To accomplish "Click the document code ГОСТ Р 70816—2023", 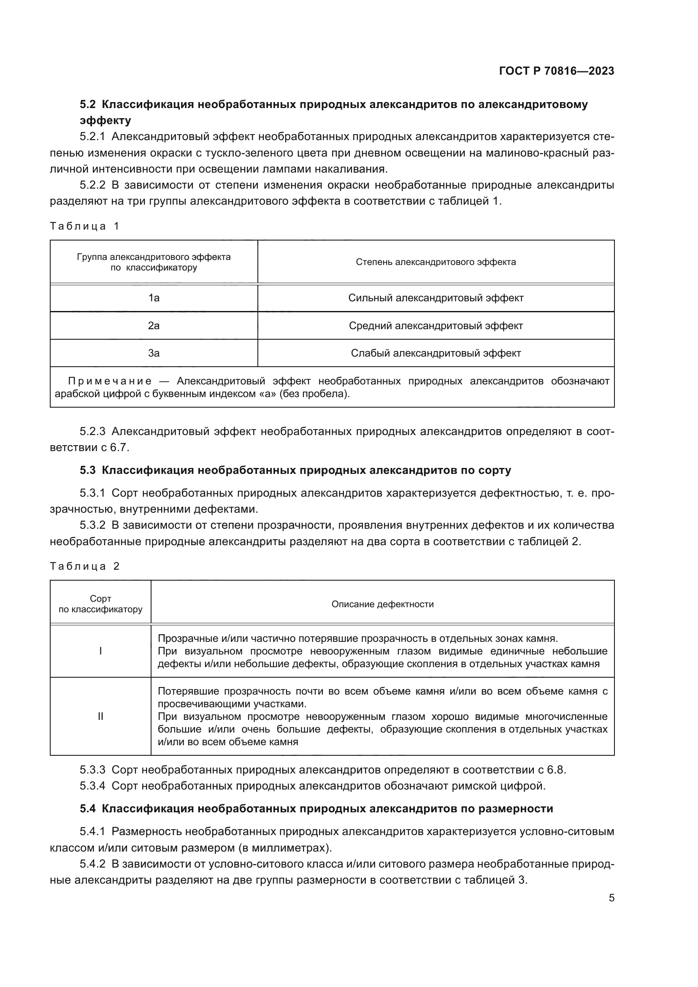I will [556, 71].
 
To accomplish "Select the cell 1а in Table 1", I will [154, 298].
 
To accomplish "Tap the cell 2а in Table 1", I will [154, 326].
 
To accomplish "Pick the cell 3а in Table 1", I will [154, 353].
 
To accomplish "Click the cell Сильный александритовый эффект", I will [436, 298].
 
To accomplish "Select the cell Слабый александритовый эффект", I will [436, 353].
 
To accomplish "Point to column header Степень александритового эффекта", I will [436, 262].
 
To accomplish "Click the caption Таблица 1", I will [84, 226].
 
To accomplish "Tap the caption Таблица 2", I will [84, 566].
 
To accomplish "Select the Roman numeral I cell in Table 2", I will [100, 651].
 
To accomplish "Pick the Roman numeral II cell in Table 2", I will [100, 716].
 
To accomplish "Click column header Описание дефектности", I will [382, 604].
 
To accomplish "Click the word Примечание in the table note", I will [110, 381].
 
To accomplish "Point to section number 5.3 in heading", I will [88, 470].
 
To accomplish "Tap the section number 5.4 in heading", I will [88, 809].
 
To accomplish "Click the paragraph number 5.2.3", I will [92, 431].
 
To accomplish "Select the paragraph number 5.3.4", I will [92, 786].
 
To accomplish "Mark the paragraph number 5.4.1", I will [92, 831].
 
